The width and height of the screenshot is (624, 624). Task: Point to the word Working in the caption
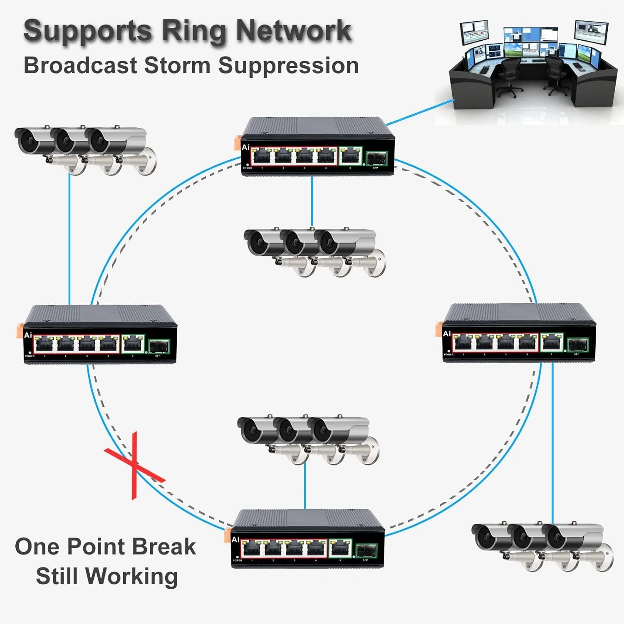tap(133, 576)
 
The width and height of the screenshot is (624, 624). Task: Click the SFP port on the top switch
tap(376, 159)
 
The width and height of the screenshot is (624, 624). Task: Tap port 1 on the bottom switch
tap(252, 549)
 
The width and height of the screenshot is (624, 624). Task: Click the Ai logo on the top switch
tap(245, 147)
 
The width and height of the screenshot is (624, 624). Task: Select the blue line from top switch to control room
tap(420, 111)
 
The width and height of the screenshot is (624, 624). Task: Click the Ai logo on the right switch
tap(447, 334)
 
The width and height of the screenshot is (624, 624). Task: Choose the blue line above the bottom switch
tap(305, 487)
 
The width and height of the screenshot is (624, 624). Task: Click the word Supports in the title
tap(87, 31)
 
